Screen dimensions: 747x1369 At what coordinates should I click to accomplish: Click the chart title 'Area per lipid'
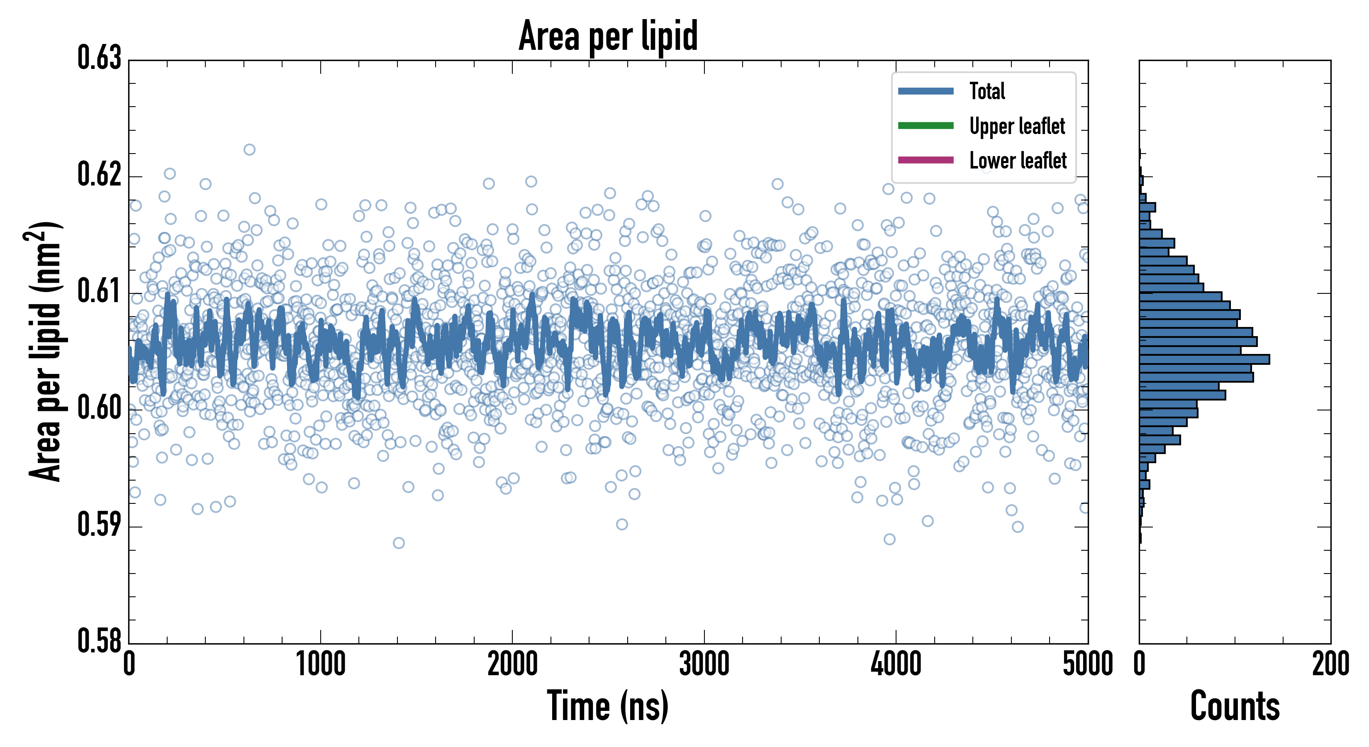pos(608,36)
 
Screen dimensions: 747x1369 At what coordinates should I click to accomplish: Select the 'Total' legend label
pos(987,91)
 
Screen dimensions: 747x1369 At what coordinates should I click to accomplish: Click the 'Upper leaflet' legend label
pos(1017,126)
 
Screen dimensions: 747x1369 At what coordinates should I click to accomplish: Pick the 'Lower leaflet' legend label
pos(1018,160)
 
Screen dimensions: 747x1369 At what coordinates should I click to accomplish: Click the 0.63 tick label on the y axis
pos(100,58)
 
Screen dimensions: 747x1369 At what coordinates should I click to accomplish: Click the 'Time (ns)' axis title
pos(608,706)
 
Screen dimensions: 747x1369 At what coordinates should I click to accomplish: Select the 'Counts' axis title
pos(1235,706)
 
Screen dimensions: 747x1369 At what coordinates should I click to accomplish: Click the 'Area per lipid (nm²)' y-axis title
pos(45,351)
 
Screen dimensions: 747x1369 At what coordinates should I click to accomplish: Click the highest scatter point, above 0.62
pos(249,149)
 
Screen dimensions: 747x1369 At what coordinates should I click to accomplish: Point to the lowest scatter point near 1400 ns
pos(399,543)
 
